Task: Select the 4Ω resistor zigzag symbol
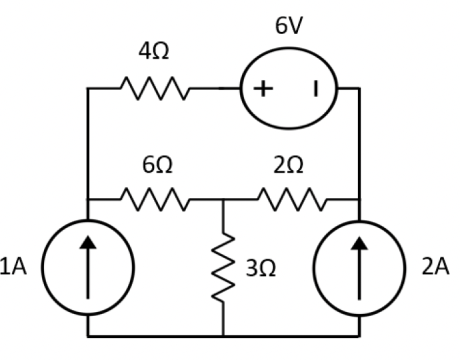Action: pos(155,88)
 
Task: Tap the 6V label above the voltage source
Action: pos(289,26)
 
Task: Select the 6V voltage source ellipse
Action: pos(289,89)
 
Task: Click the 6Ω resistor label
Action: pos(157,166)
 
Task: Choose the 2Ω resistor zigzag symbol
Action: pos(291,199)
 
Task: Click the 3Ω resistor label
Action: pos(261,269)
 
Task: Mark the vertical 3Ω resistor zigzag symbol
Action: pos(223,267)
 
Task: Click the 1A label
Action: pos(15,267)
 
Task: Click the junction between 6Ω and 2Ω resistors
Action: pos(223,199)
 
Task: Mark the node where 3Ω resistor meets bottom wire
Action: pos(223,336)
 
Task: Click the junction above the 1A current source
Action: pos(87,199)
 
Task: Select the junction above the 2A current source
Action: pos(360,199)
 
